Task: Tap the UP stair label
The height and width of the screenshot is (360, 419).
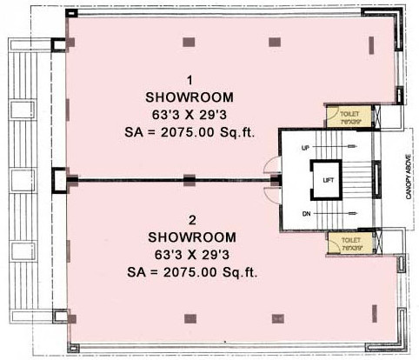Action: point(304,149)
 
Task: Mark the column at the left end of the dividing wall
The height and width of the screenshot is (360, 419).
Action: point(59,180)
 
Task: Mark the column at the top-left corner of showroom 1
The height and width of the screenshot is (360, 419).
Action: point(58,45)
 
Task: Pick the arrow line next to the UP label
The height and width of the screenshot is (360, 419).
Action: point(326,149)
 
